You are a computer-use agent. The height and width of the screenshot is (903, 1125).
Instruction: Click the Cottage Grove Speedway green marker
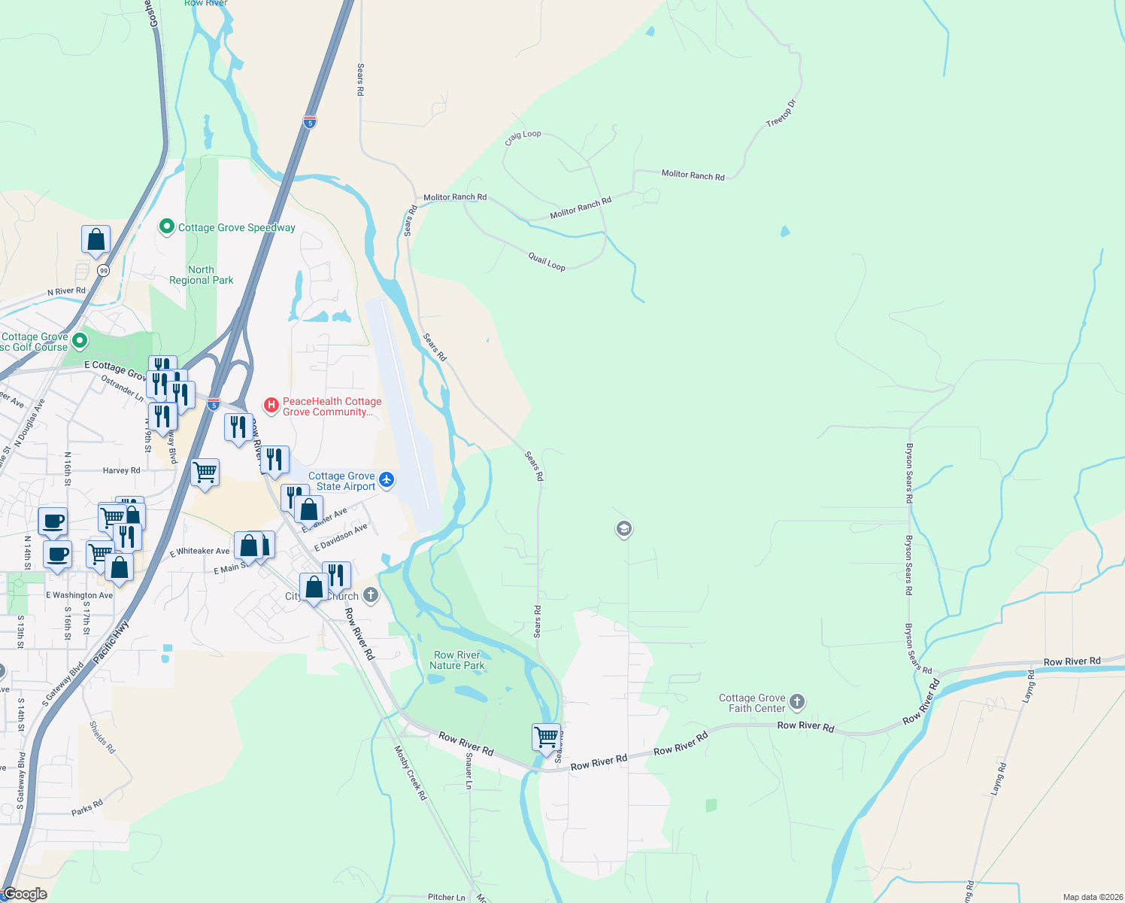click(167, 227)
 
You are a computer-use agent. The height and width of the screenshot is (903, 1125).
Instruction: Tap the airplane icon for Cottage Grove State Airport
click(387, 479)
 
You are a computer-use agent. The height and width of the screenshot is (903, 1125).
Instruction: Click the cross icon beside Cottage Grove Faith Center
click(797, 702)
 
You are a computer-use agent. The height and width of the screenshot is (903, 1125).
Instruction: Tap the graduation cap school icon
click(623, 529)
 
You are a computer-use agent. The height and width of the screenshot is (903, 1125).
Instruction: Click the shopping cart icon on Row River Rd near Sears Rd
click(546, 737)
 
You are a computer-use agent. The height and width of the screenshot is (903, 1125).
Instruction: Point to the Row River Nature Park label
click(457, 660)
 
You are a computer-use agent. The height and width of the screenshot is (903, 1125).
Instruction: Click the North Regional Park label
click(201, 275)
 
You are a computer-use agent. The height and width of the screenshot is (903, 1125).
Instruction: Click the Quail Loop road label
click(547, 262)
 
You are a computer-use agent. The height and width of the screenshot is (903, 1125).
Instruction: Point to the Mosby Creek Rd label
click(411, 772)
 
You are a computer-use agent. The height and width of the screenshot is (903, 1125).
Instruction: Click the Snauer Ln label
click(469, 771)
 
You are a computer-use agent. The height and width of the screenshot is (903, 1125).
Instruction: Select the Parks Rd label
click(87, 808)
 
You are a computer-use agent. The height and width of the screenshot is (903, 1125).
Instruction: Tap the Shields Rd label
click(102, 737)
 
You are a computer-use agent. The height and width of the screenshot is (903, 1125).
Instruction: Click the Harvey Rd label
click(121, 470)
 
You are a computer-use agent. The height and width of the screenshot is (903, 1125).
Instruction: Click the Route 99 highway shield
click(103, 271)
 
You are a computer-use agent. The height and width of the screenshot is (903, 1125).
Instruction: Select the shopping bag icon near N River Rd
click(96, 240)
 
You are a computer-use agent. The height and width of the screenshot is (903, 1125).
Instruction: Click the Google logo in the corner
click(25, 894)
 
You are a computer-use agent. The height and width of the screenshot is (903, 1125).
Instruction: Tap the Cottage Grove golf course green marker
click(79, 342)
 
